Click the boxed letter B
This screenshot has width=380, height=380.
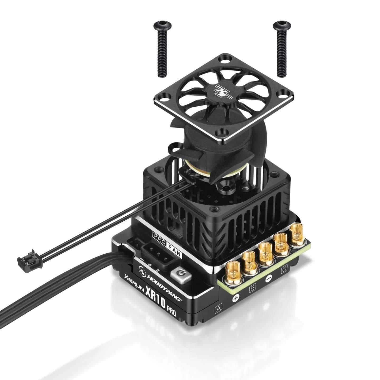[x=252, y=289]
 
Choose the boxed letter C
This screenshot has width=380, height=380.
[x=284, y=270]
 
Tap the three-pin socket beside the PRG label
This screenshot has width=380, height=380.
[x=158, y=253]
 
